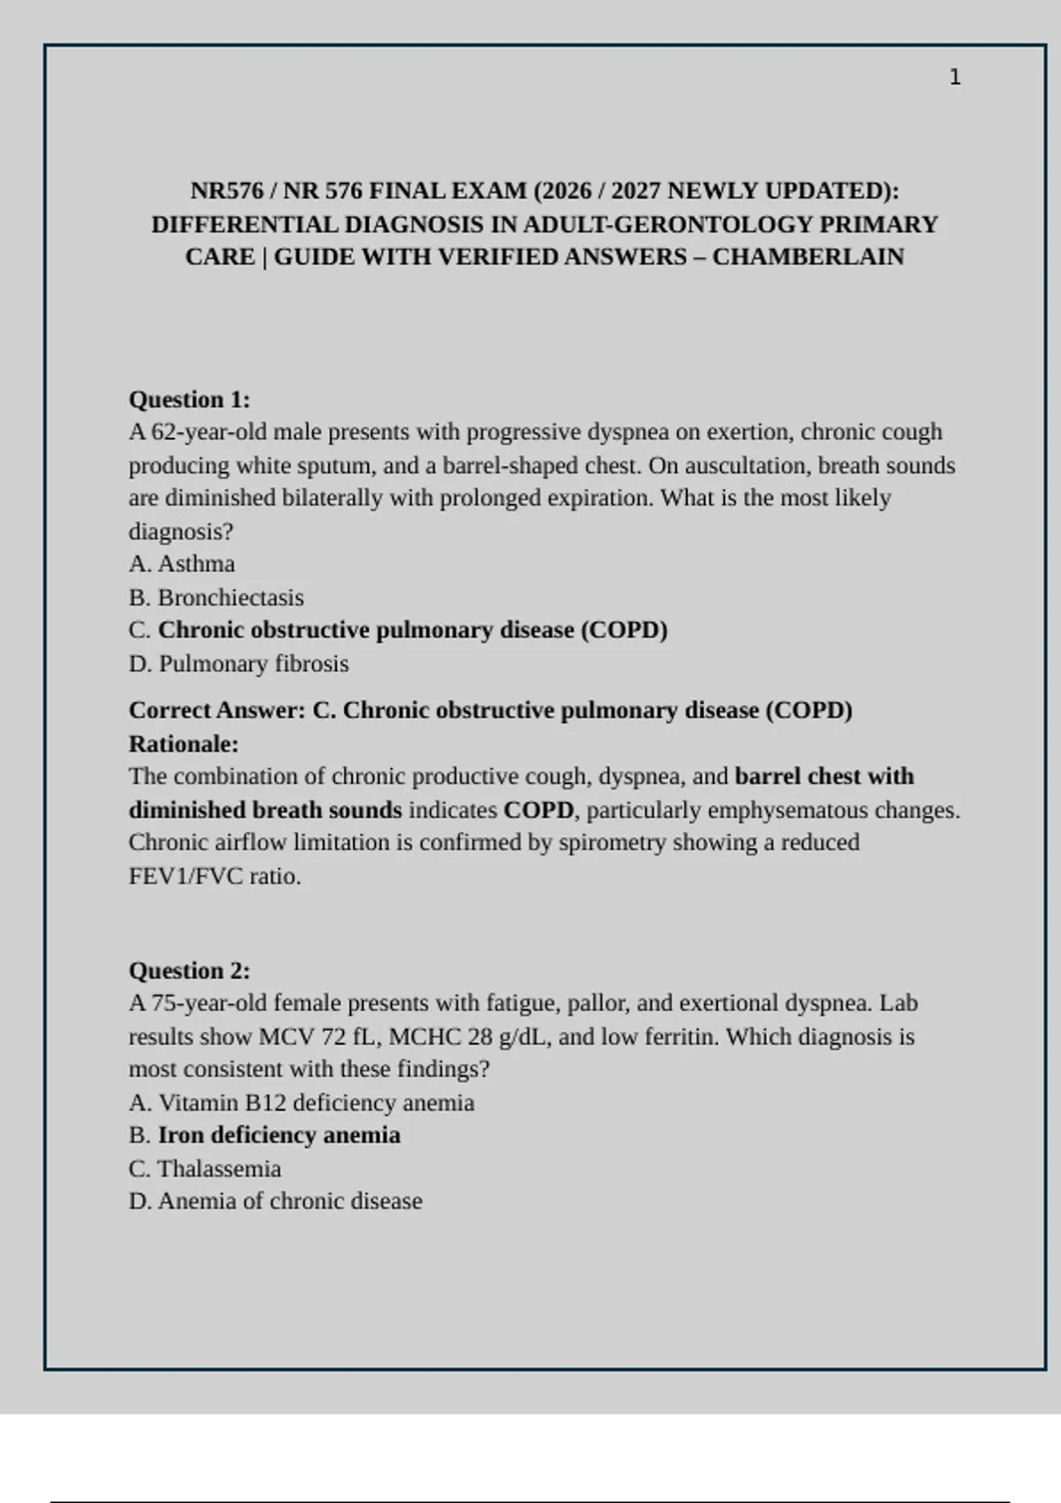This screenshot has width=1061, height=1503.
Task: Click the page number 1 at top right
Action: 954,78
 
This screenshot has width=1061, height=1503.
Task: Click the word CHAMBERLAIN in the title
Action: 808,257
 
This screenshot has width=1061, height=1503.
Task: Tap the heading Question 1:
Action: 189,400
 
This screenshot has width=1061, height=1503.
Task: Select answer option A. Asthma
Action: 182,564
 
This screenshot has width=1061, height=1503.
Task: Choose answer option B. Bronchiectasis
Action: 217,598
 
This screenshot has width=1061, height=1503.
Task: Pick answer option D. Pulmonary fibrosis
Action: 239,664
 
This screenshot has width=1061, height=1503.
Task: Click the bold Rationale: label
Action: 184,744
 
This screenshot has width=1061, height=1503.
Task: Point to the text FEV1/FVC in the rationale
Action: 185,876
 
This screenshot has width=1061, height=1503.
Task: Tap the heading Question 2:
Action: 189,971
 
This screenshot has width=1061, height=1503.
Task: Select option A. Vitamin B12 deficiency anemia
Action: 302,1102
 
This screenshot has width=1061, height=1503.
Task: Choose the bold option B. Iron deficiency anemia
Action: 264,1135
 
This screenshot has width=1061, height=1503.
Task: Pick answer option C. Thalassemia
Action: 205,1169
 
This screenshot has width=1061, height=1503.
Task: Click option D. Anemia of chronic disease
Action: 276,1202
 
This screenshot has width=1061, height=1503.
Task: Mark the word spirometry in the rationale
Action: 611,843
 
